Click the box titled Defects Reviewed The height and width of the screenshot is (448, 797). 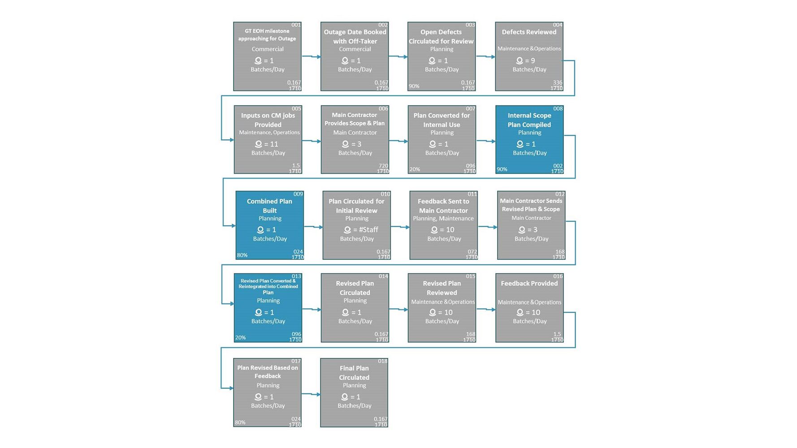(x=529, y=56)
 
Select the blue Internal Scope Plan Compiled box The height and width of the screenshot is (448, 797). (x=529, y=140)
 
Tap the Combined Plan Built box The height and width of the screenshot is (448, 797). (x=270, y=225)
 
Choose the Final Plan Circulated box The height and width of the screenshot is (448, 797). (x=354, y=393)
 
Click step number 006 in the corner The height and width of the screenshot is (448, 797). (x=383, y=109)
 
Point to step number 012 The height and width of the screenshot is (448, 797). (x=560, y=194)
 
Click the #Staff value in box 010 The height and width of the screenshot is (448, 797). (x=365, y=230)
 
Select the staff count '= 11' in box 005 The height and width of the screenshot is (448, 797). (x=271, y=144)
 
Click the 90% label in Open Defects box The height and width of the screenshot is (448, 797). (x=414, y=86)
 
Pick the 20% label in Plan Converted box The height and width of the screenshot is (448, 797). (x=415, y=169)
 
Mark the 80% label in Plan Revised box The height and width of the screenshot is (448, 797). (x=240, y=422)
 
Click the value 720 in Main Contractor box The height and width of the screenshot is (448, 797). (x=383, y=166)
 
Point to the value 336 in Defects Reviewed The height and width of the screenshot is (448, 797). (x=558, y=82)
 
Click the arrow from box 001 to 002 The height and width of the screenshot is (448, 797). (x=311, y=56)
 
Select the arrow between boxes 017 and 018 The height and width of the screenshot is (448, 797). (x=311, y=394)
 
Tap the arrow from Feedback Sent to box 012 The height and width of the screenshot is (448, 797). (x=488, y=227)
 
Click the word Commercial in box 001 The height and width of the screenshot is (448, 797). (x=268, y=49)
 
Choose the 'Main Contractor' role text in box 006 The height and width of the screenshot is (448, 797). (x=355, y=133)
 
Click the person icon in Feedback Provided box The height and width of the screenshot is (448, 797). (x=520, y=312)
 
